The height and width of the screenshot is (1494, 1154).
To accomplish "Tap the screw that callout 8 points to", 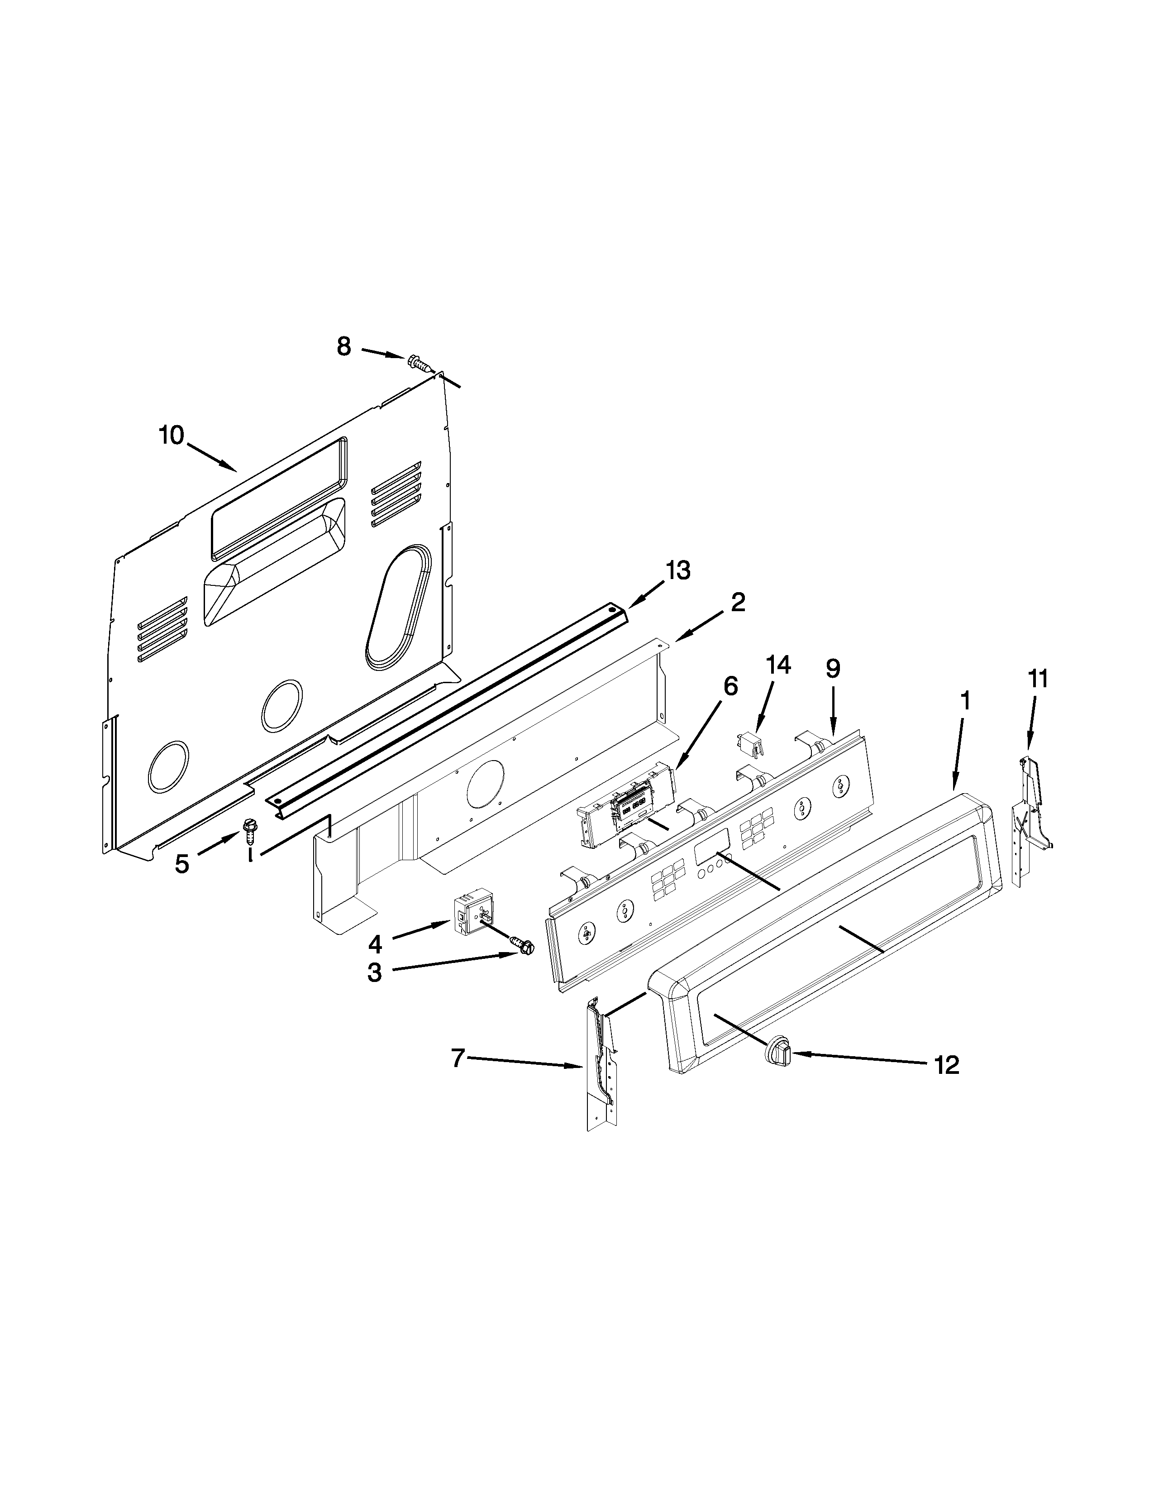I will click(419, 362).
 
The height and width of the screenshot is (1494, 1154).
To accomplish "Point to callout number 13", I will click(678, 570).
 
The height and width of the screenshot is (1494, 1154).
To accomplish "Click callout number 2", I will click(738, 602).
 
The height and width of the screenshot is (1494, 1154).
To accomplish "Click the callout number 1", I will click(965, 701).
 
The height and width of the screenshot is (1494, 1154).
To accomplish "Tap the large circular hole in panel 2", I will click(484, 782).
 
